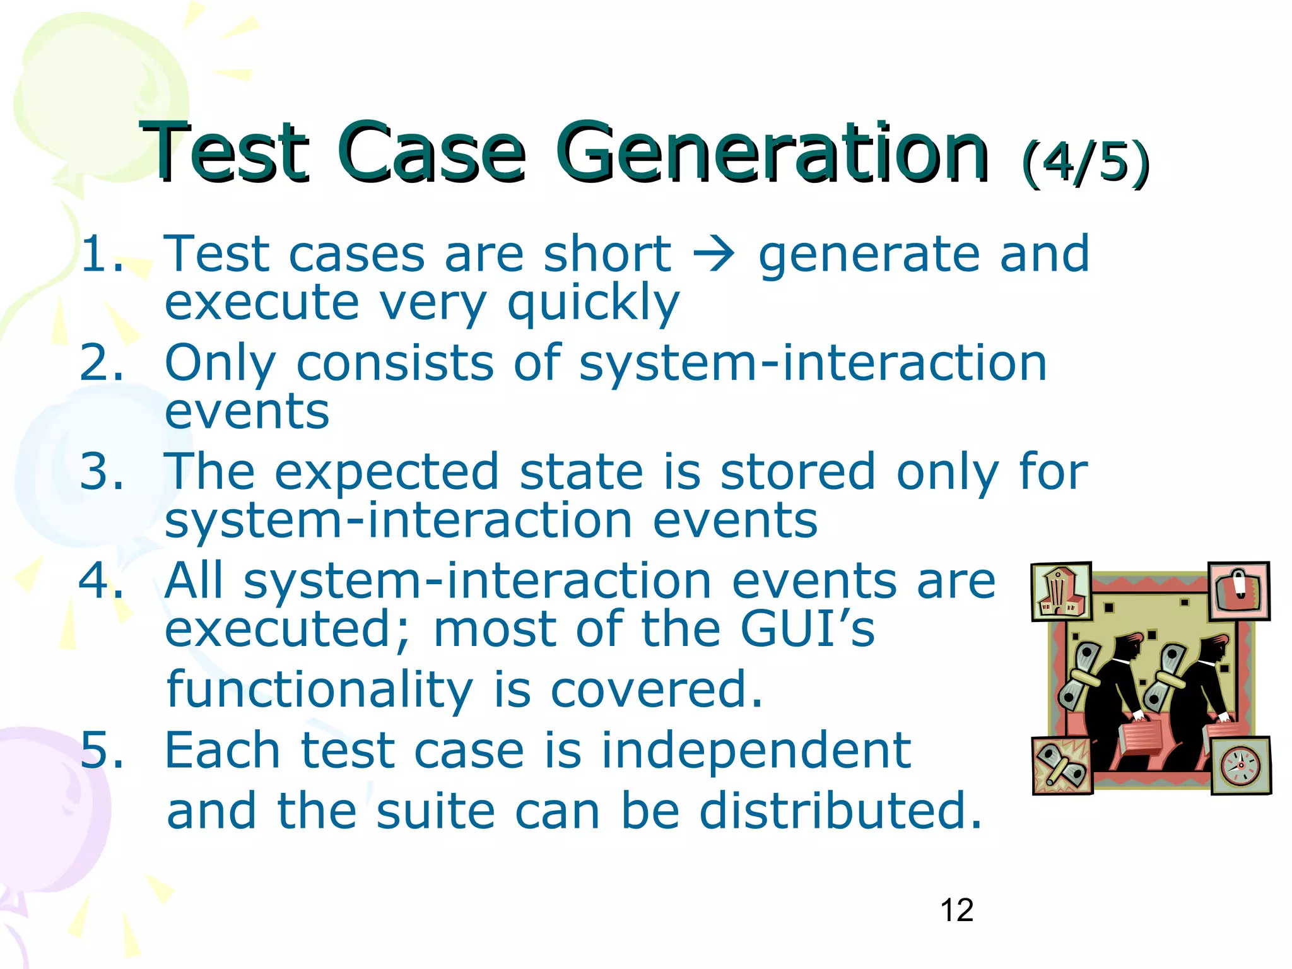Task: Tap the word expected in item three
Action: (x=386, y=472)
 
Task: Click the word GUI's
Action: (x=807, y=629)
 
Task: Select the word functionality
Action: (x=319, y=689)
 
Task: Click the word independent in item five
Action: (x=756, y=751)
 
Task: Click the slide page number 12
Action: (x=956, y=910)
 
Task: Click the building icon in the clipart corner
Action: (x=1061, y=592)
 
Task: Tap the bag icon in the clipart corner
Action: (x=1239, y=590)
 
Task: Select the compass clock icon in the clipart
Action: (x=1240, y=765)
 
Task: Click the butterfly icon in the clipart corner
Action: (x=1062, y=765)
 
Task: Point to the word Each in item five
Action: (x=222, y=751)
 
